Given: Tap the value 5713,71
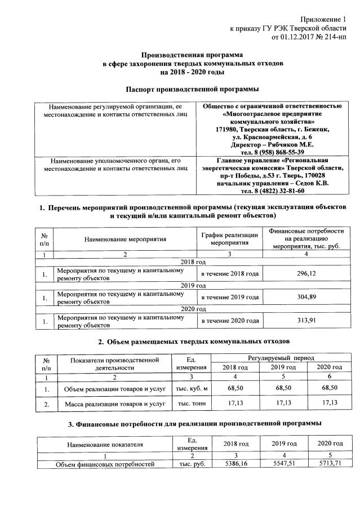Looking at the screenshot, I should pos(330,464).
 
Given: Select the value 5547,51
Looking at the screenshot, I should pos(283,464).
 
